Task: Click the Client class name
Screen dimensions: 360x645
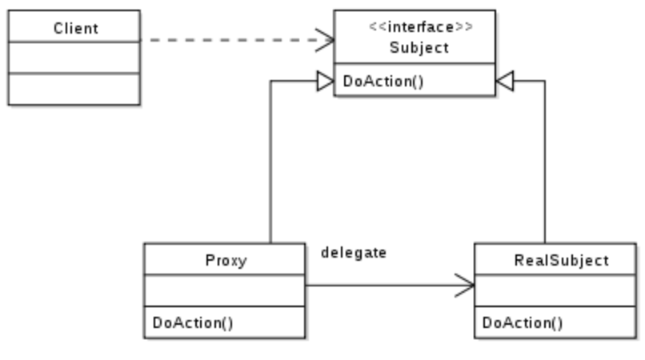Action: pos(75,28)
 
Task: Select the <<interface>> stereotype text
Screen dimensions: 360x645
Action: pos(419,27)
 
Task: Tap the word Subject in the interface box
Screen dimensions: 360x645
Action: pos(419,47)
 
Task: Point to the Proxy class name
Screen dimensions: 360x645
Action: pos(225,261)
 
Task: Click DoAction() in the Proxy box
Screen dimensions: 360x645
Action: pos(193,322)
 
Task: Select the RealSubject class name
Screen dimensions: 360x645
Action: pos(561,261)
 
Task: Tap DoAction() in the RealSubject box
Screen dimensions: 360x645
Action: pos(523,322)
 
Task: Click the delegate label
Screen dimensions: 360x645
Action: pos(353,253)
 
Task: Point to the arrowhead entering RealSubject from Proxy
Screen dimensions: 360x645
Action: pos(466,284)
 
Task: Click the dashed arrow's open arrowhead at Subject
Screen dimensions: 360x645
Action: pos(326,39)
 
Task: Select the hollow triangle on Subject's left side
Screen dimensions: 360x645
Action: pos(325,80)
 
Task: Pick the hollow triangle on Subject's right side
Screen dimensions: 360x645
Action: pos(504,80)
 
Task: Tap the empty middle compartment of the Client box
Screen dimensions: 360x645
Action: pos(74,58)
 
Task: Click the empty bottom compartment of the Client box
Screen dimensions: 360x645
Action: pos(74,89)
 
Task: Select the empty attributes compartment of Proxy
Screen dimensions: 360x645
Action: pos(225,291)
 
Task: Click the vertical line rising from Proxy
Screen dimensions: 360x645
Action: pos(270,160)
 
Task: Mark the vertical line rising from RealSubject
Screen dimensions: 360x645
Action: pos(545,160)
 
